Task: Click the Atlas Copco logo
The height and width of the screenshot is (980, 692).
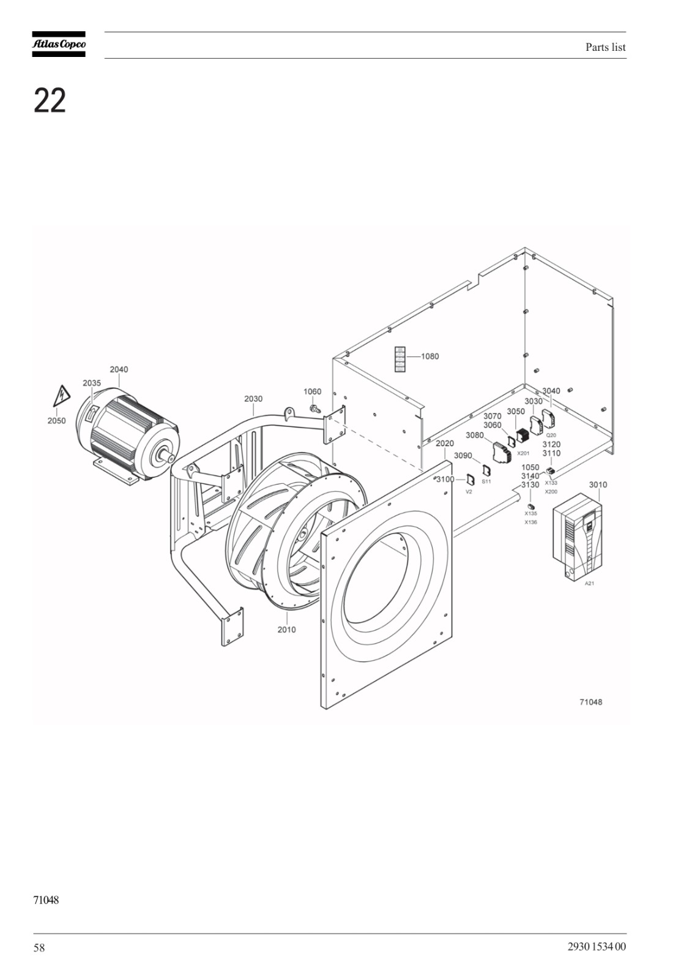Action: coord(59,43)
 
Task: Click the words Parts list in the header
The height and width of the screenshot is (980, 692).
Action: coord(606,47)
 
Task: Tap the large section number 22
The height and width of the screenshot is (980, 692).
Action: coord(50,100)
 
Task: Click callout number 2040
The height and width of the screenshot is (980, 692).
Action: coord(119,369)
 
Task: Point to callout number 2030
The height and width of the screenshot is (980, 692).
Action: coord(253,399)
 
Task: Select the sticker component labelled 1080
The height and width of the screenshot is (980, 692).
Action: coord(400,359)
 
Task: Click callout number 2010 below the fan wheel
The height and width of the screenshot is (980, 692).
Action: coord(287,629)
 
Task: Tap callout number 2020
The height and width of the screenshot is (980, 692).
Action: coord(445,443)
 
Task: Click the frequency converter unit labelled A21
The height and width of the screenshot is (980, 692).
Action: coord(576,537)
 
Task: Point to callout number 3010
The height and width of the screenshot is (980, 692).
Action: coord(598,484)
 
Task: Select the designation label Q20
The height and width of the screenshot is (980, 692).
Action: coord(551,435)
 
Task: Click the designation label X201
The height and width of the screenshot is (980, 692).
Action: coord(523,453)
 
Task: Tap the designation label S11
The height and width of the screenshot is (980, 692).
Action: coord(486,481)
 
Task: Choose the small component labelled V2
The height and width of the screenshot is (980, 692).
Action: coord(471,480)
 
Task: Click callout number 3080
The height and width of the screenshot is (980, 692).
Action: coord(475,435)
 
